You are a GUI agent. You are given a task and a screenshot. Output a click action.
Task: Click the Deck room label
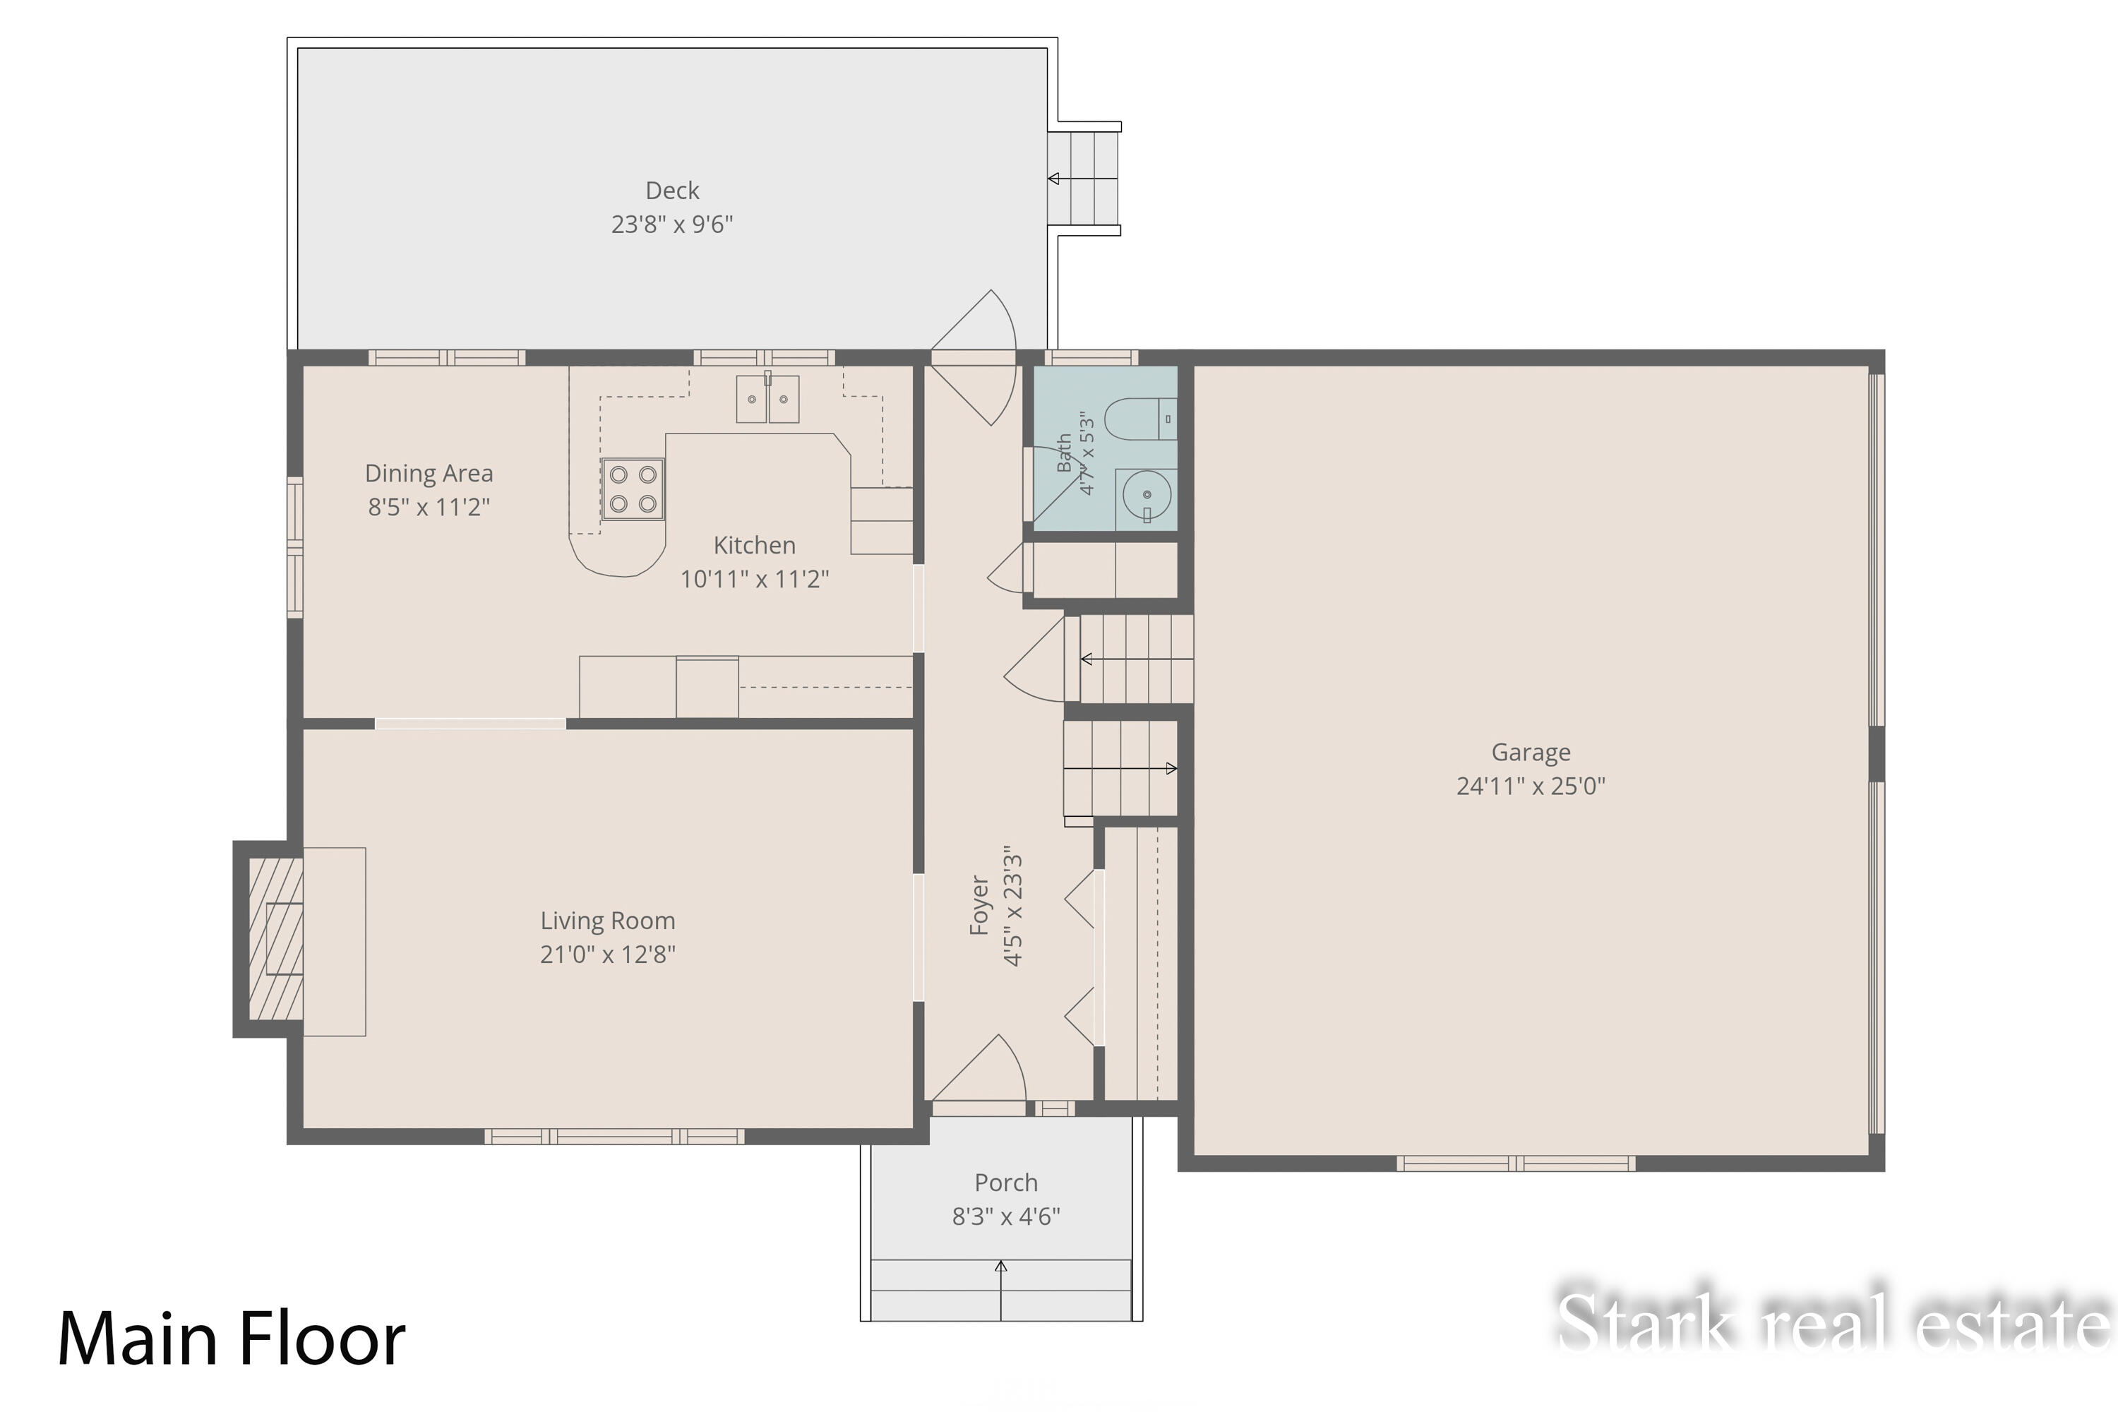click(x=672, y=191)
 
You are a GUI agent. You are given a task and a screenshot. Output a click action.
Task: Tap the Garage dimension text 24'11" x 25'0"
click(x=1531, y=786)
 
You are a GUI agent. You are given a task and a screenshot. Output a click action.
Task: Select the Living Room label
click(x=608, y=921)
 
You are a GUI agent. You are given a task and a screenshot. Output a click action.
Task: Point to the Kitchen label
click(x=755, y=545)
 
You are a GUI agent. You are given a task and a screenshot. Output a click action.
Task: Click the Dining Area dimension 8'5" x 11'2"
click(x=429, y=507)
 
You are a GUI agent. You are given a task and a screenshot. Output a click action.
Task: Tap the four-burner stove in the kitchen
click(x=633, y=489)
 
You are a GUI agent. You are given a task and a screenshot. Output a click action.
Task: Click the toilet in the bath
click(x=1140, y=419)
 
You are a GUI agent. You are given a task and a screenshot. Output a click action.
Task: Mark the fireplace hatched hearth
click(x=275, y=938)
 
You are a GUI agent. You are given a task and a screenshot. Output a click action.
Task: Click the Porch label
click(x=1006, y=1183)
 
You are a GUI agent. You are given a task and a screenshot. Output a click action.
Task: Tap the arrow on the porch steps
click(x=1000, y=1291)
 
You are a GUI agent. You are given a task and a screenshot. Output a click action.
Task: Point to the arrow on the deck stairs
click(x=1082, y=179)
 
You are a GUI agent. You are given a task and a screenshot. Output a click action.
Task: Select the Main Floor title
click(x=232, y=1339)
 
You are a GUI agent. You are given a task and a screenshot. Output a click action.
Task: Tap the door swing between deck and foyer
click(x=974, y=357)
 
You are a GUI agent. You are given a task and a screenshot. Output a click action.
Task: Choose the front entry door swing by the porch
click(x=979, y=1068)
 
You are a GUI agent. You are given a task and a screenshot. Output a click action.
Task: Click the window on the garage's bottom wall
click(x=1516, y=1163)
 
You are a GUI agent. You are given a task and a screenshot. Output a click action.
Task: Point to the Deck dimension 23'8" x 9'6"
click(x=672, y=225)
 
